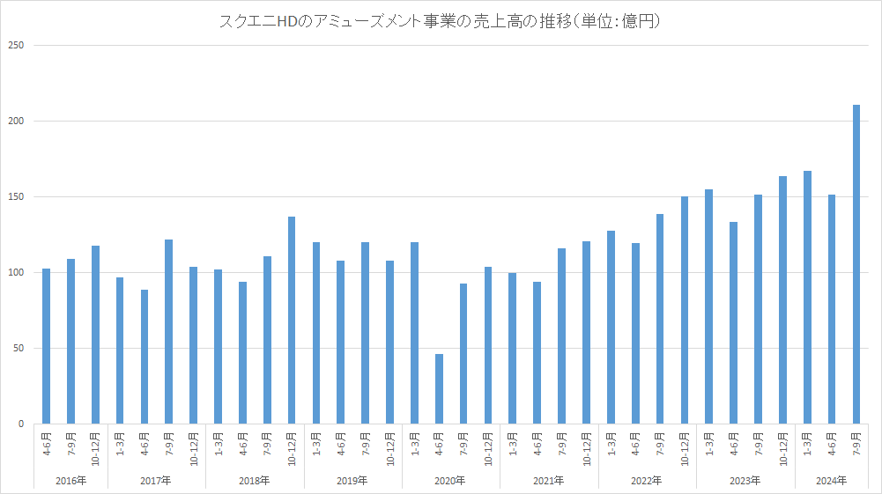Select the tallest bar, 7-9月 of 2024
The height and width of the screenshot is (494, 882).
tap(856, 264)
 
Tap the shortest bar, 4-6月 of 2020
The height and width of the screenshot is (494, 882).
tap(439, 388)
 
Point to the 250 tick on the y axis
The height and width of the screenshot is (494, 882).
tap(17, 45)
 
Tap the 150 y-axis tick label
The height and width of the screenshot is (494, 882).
tap(17, 196)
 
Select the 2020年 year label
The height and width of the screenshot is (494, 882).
tap(451, 481)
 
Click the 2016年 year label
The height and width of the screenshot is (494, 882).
tap(71, 481)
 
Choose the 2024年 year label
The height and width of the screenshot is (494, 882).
tap(831, 481)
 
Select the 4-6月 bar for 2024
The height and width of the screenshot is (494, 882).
tap(831, 309)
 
